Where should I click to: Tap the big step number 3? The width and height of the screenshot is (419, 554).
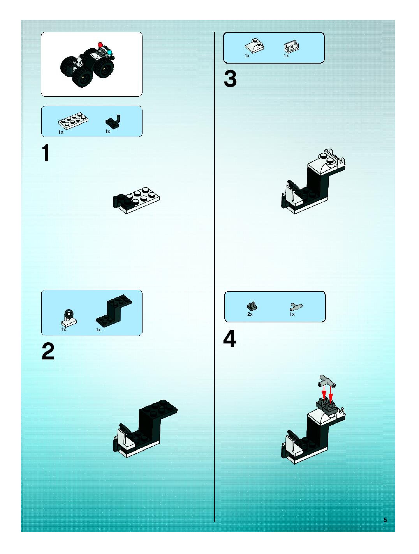pyautogui.click(x=230, y=79)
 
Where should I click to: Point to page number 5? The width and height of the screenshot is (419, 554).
pyautogui.click(x=385, y=520)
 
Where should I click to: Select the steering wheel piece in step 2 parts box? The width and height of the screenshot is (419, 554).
pyautogui.click(x=69, y=318)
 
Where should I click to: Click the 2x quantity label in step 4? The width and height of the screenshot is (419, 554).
pyautogui.click(x=250, y=314)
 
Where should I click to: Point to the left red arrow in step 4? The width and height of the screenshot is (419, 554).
pyautogui.click(x=324, y=393)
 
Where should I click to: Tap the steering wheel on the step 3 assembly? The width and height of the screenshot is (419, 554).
pyautogui.click(x=292, y=185)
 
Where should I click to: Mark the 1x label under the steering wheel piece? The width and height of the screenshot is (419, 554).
pyautogui.click(x=63, y=330)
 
